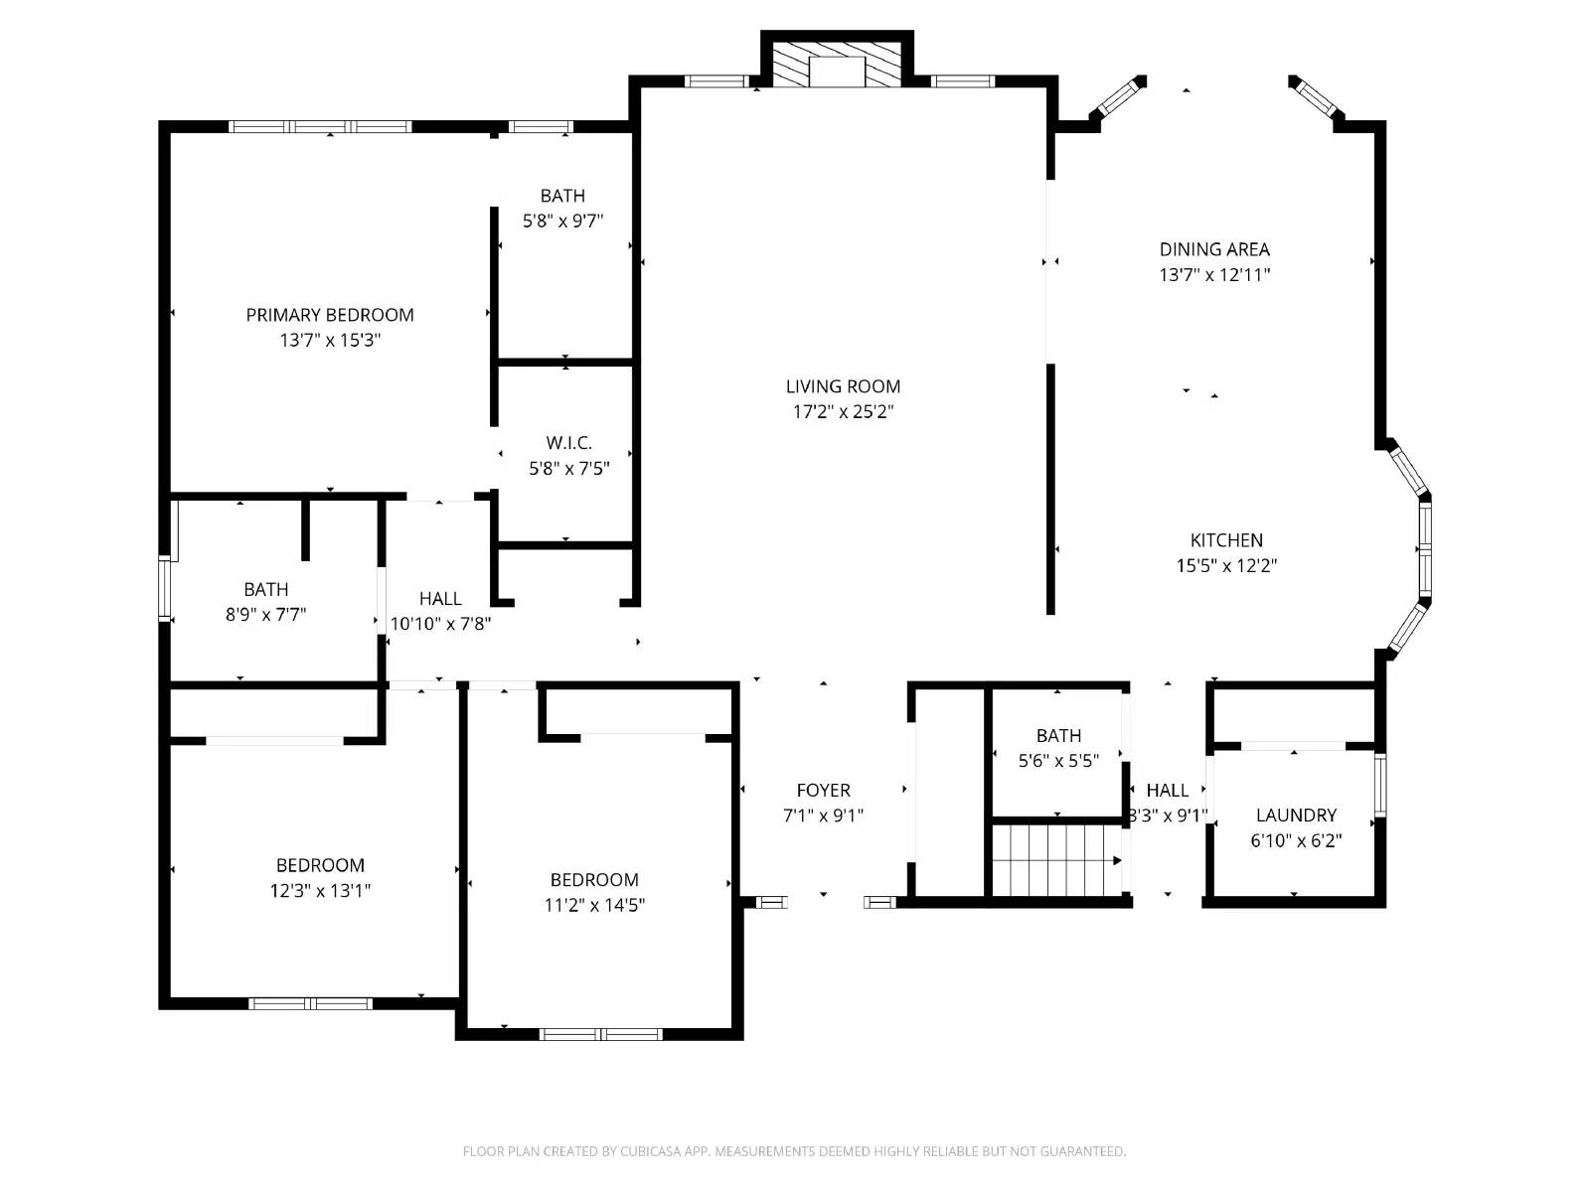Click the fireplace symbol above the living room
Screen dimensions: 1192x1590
pos(837,65)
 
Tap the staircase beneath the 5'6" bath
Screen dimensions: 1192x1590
pos(1056,859)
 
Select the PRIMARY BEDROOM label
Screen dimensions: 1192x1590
pos(330,315)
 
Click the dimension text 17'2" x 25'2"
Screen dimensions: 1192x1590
pos(843,412)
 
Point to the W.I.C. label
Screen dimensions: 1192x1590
pos(568,443)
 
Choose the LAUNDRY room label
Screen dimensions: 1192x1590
pos(1296,816)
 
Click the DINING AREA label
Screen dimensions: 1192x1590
pos(1214,249)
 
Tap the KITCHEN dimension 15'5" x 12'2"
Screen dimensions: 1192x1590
pos(1226,566)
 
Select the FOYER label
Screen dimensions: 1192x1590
pos(823,791)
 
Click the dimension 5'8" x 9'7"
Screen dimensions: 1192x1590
pos(562,222)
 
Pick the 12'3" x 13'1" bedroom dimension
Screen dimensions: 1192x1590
pos(320,891)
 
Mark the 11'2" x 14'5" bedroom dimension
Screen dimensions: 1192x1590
pos(594,906)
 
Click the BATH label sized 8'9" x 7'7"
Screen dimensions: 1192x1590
pos(266,589)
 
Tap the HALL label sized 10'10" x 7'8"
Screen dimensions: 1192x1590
pos(439,599)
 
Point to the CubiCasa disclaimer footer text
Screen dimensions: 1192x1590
pos(794,1151)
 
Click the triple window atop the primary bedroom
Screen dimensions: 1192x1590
pos(320,126)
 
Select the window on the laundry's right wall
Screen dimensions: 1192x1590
pos(1379,785)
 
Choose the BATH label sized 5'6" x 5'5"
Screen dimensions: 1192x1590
pos(1058,736)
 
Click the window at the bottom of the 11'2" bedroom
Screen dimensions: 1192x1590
pos(600,1034)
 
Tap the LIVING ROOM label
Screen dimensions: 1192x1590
pos(843,386)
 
